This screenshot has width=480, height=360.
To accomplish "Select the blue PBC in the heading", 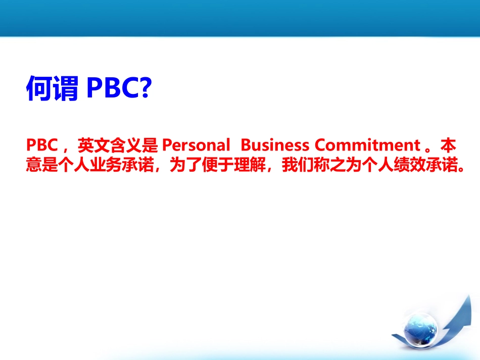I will [112, 89].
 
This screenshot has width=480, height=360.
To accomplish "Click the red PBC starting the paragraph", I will [40, 145].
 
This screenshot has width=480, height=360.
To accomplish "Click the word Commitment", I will [367, 145].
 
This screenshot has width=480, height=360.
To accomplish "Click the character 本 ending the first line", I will [448, 145].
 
